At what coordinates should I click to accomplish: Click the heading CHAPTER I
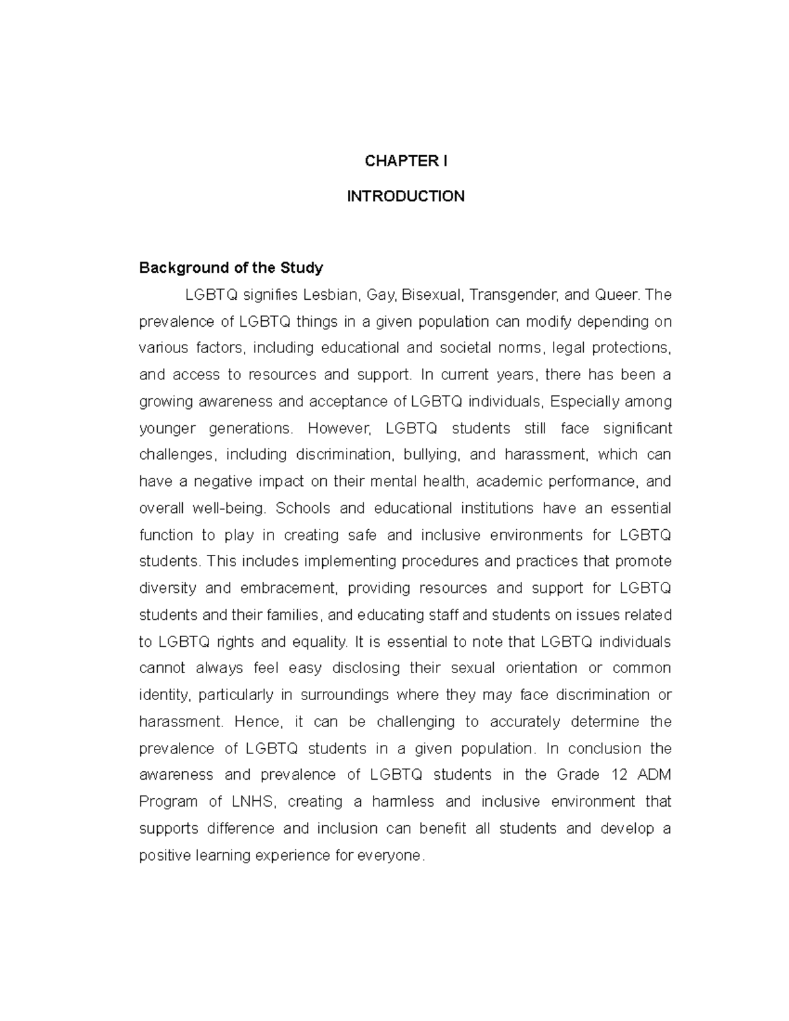pos(406,161)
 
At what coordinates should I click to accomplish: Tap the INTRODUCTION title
pos(406,196)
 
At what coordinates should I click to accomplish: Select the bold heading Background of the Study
pos(231,268)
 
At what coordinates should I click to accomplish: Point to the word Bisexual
pos(434,295)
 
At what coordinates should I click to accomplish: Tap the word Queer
pos(617,295)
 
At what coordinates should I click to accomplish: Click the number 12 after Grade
pos(619,775)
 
